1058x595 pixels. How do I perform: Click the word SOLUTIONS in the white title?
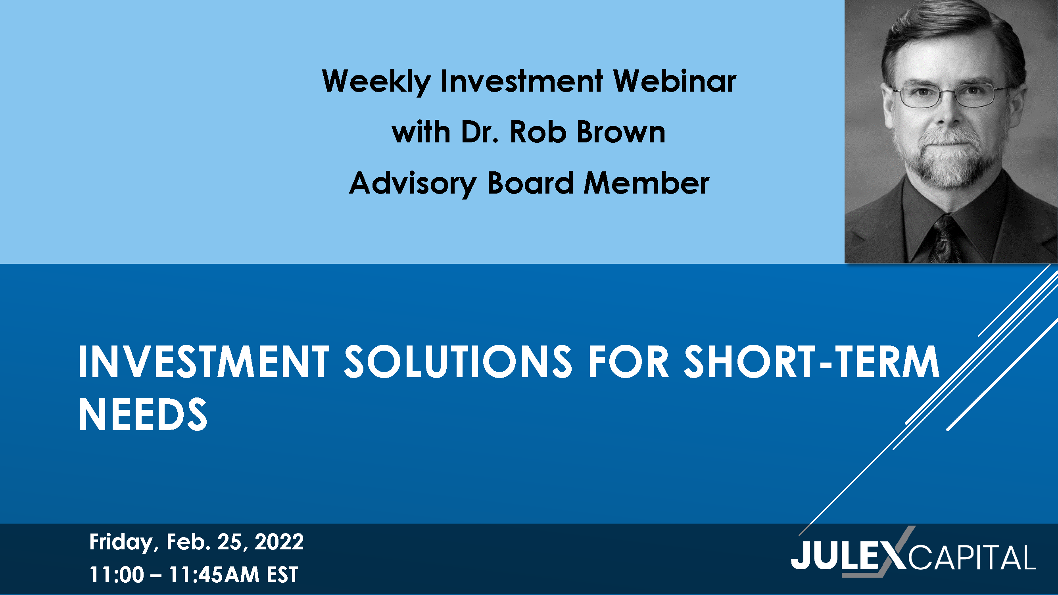point(457,361)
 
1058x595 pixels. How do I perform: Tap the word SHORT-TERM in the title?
point(812,361)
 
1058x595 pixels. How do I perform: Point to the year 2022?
point(279,541)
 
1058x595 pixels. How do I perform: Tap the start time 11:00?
point(117,574)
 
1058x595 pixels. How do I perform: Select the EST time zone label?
point(282,574)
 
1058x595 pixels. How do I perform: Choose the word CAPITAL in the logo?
point(972,557)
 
